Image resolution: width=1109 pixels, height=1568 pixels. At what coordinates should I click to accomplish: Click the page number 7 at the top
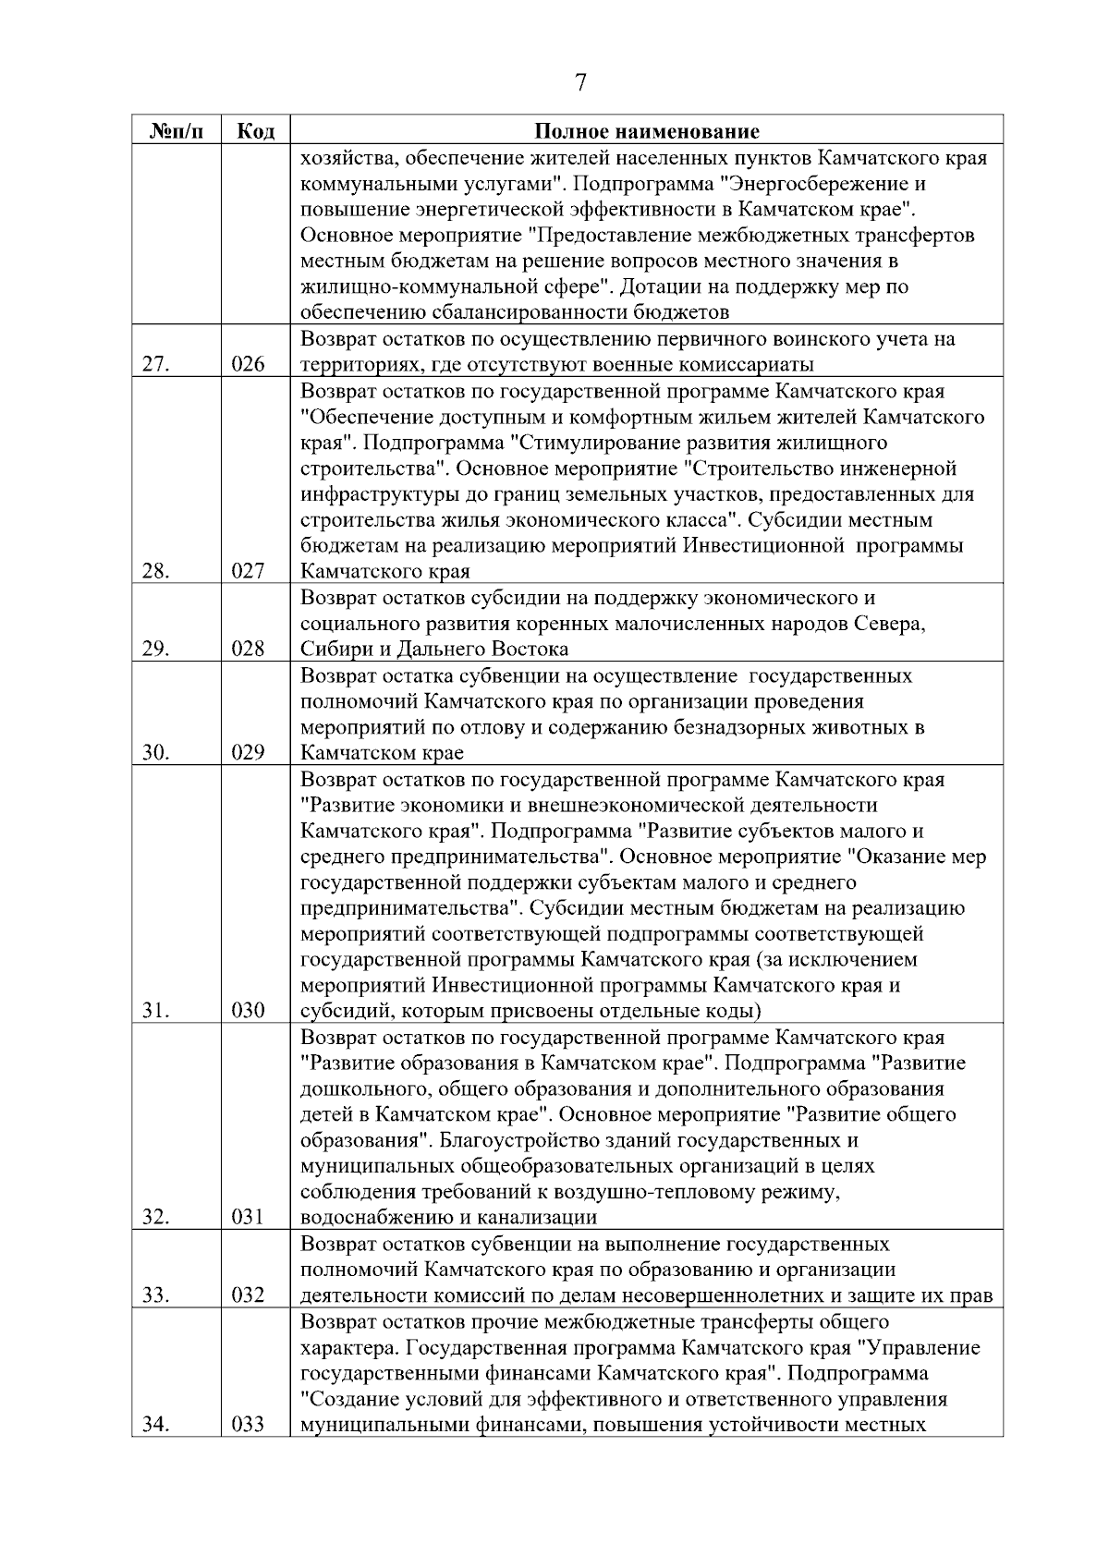[580, 83]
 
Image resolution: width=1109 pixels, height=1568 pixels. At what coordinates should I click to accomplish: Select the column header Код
[255, 131]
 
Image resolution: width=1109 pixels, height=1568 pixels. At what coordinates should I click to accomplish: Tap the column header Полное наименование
[647, 131]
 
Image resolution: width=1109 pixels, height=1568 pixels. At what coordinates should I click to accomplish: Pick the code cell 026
[248, 365]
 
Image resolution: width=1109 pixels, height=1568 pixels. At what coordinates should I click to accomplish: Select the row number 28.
[155, 572]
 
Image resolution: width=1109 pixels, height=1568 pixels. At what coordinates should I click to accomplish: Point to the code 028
[248, 650]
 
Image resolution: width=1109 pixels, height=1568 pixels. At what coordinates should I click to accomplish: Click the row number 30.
[155, 753]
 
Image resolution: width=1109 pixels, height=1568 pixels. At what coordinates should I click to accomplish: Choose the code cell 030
[248, 1012]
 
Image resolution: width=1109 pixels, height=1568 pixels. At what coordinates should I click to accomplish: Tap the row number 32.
[155, 1218]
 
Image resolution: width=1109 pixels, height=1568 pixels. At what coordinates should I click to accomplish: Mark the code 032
[248, 1295]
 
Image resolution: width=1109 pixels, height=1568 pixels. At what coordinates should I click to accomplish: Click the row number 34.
[155, 1425]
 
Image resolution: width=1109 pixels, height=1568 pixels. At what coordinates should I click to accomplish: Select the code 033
[248, 1425]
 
